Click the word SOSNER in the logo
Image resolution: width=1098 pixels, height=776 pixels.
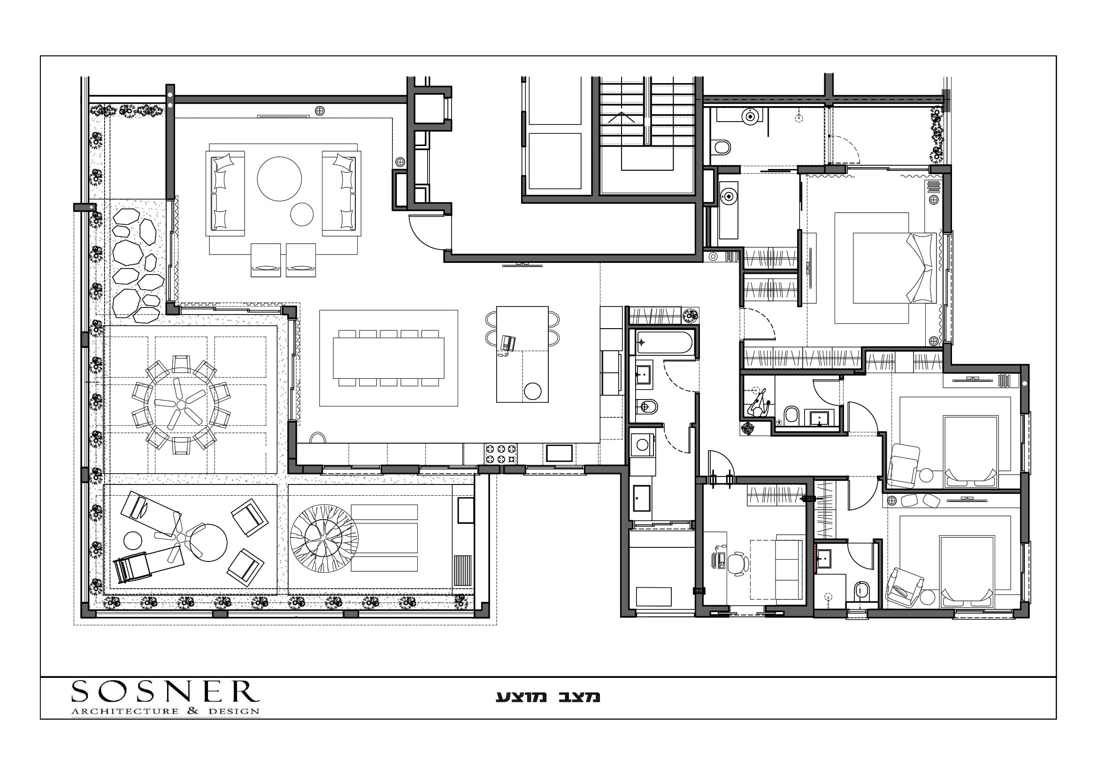coord(165,691)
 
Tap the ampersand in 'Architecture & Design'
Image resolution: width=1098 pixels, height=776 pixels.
coord(193,711)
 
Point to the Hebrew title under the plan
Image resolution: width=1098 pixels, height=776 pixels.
coord(547,697)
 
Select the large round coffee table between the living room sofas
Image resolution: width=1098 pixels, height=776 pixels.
coord(279,179)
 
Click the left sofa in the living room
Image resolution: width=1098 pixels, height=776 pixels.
coord(225,193)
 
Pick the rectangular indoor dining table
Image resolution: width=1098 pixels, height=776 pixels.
coord(388,358)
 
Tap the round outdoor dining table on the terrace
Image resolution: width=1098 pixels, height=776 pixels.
coord(182,405)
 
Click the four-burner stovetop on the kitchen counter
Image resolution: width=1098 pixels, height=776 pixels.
coord(501,454)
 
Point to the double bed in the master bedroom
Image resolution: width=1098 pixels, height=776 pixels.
coord(894,268)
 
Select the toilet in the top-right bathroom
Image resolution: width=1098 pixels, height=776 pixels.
coord(721,146)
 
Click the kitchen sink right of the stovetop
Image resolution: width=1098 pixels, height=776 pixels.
coord(559,453)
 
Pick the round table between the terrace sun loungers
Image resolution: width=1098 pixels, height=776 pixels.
coord(208,543)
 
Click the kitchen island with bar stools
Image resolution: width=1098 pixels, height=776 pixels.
coord(522,354)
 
